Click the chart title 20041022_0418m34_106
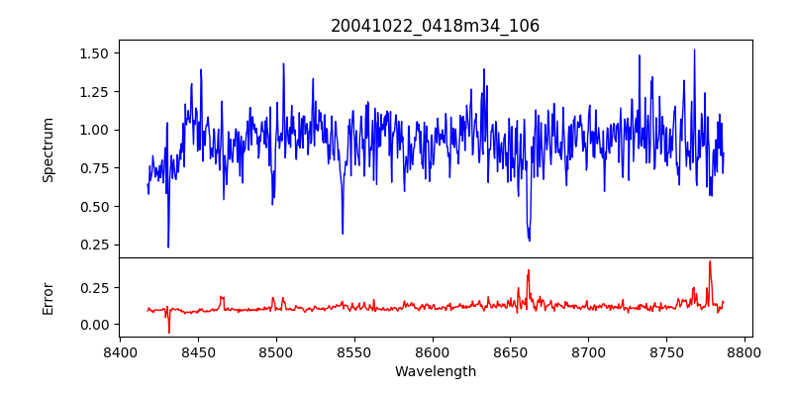pyautogui.click(x=436, y=26)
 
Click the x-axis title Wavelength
pyautogui.click(x=436, y=372)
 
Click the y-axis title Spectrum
pyautogui.click(x=48, y=149)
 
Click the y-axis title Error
pyautogui.click(x=48, y=297)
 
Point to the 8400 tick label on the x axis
pyautogui.click(x=120, y=351)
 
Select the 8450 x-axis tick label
pyautogui.click(x=198, y=351)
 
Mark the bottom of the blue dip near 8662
pyautogui.click(x=530, y=240)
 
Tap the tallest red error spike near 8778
pyautogui.click(x=710, y=261)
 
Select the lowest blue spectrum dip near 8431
pyautogui.click(x=168, y=247)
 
